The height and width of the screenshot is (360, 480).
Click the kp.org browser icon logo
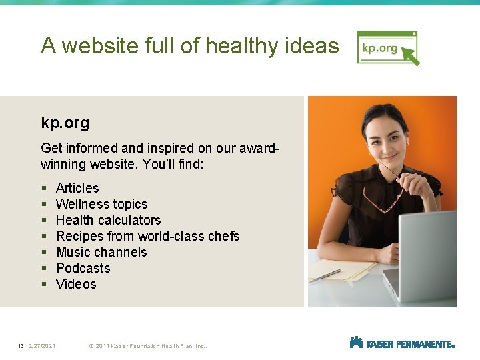[x=388, y=48]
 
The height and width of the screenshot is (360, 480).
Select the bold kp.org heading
[x=65, y=123]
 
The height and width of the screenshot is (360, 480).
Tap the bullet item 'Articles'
[x=77, y=188]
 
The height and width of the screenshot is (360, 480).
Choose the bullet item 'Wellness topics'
[x=101, y=204]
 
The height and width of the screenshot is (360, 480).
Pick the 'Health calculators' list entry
[x=108, y=220]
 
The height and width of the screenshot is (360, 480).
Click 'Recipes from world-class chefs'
[x=147, y=236]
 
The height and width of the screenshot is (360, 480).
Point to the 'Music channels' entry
[x=101, y=252]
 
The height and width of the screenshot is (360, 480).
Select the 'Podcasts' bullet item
[x=83, y=268]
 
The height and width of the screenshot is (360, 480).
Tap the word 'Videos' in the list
[x=76, y=284]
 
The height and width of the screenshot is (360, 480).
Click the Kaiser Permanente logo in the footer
[x=401, y=343]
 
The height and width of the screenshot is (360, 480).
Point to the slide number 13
[x=21, y=346]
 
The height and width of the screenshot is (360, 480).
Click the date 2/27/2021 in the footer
[x=42, y=346]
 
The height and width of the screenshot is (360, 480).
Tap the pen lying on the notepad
[x=325, y=275]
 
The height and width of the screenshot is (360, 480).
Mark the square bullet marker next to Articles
[x=43, y=189]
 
